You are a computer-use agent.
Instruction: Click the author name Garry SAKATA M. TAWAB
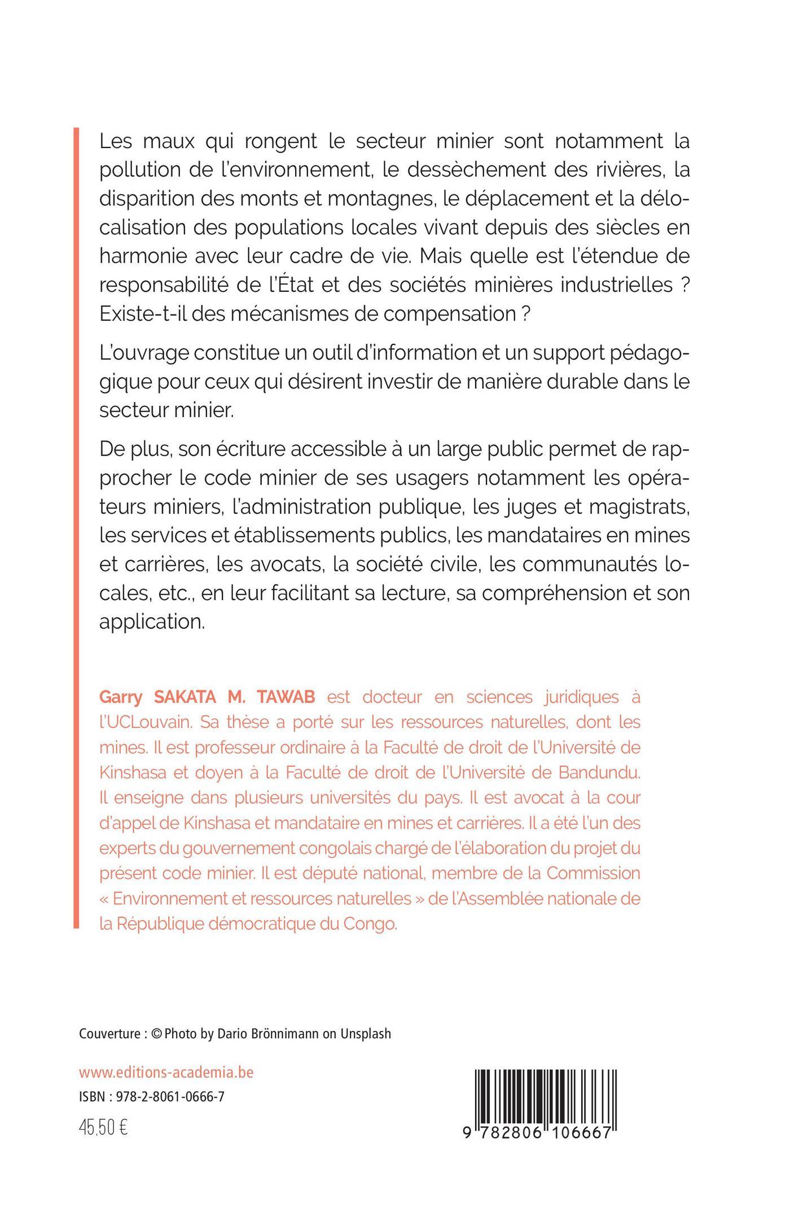point(207,697)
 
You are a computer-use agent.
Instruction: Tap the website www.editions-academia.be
point(166,1072)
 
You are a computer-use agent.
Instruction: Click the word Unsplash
point(365,1034)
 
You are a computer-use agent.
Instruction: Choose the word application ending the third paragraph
point(152,622)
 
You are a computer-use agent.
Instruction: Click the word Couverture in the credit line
point(109,1034)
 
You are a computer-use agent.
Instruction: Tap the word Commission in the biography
point(594,873)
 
